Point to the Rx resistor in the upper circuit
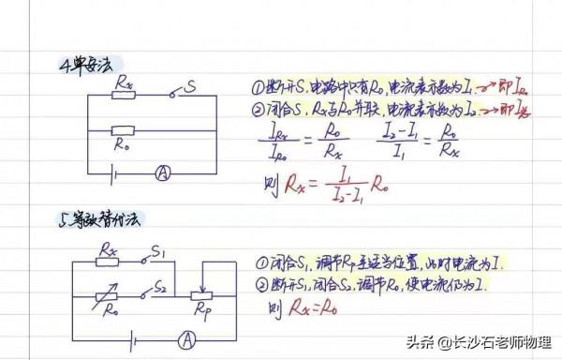pos(123,95)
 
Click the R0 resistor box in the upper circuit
pos(123,130)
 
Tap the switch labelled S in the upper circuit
pos(181,93)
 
